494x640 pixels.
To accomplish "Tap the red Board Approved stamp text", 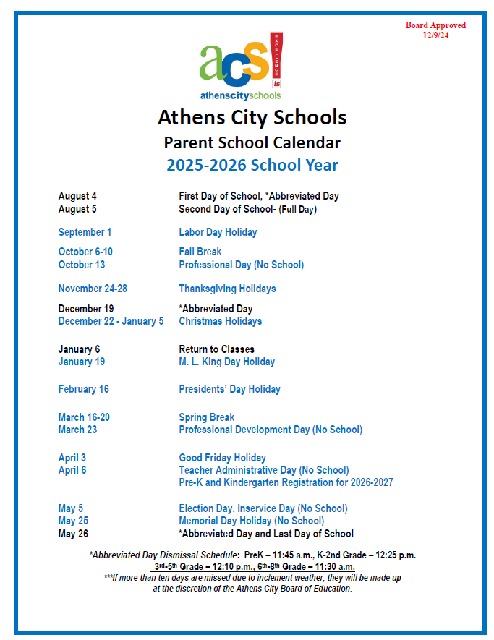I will pyautogui.click(x=435, y=30).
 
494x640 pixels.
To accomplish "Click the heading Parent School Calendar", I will pyautogui.click(x=252, y=142).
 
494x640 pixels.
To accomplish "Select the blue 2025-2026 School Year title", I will pyautogui.click(x=252, y=165).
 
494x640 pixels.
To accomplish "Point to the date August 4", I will pyautogui.click(x=77, y=196).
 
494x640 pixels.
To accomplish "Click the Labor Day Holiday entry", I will pyautogui.click(x=218, y=232).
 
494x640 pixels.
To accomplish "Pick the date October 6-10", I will pyautogui.click(x=85, y=252).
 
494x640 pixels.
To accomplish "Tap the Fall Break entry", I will pyautogui.click(x=200, y=252).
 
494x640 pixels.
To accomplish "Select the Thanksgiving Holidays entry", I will pyautogui.click(x=227, y=289).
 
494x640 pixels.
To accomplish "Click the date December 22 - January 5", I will pyautogui.click(x=111, y=321).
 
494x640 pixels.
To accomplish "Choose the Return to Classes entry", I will pyautogui.click(x=217, y=349).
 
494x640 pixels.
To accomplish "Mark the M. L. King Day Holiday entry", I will pyautogui.click(x=227, y=362).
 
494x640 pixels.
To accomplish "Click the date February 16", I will pyautogui.click(x=84, y=389).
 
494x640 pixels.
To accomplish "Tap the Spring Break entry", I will pyautogui.click(x=207, y=417).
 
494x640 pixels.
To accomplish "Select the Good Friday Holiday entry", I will pyautogui.click(x=223, y=458).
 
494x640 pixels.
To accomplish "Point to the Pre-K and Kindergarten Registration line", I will pyautogui.click(x=286, y=482).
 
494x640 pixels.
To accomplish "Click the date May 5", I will pyautogui.click(x=71, y=508).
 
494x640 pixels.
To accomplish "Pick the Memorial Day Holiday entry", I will pyautogui.click(x=252, y=521).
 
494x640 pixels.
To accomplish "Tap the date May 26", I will pyautogui.click(x=73, y=534).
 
